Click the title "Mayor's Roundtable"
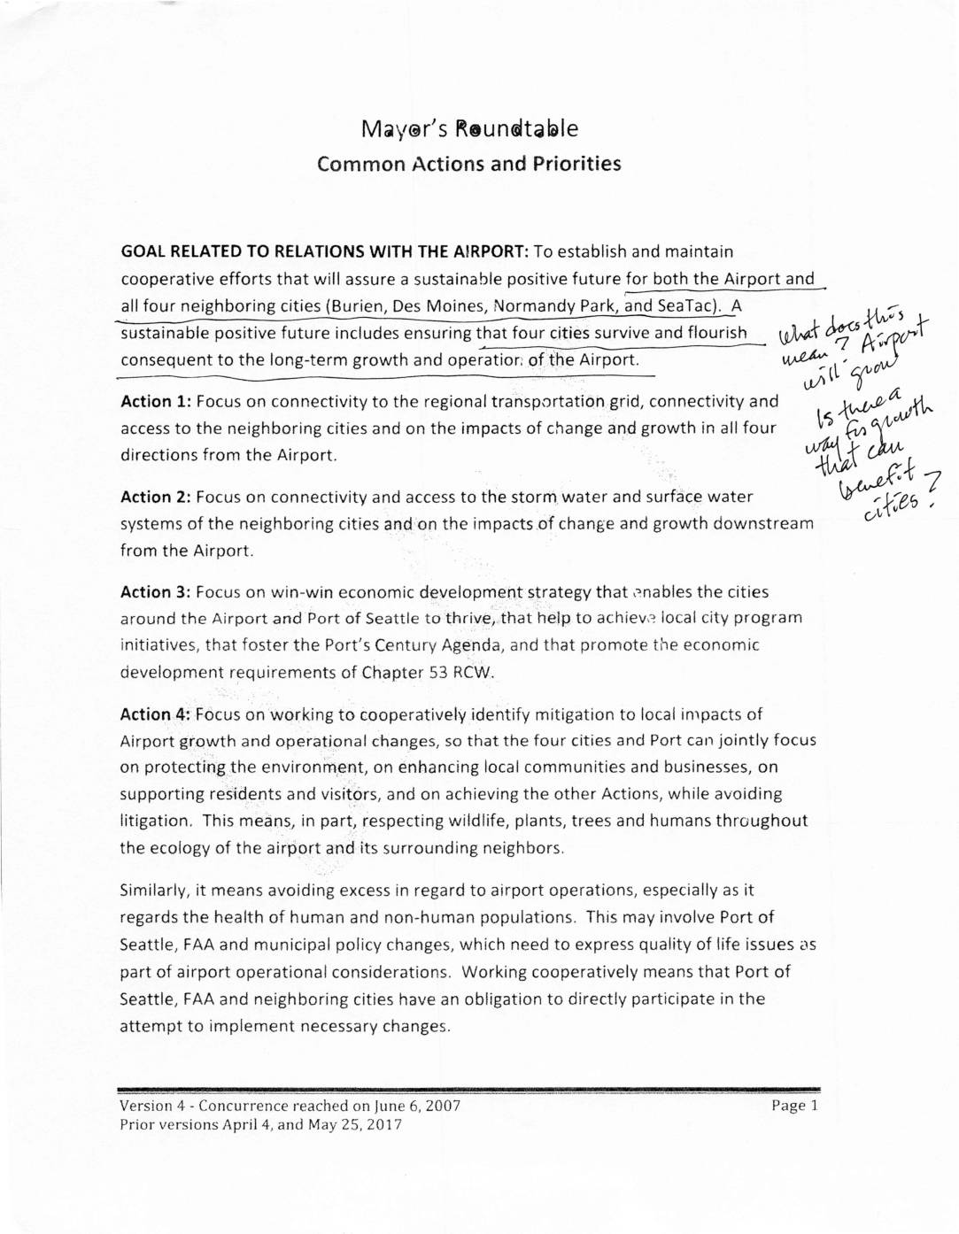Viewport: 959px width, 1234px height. click(469, 129)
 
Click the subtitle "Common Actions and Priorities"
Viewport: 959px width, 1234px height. click(469, 165)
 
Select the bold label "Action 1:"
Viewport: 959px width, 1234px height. click(156, 402)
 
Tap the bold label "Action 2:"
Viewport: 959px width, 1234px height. click(156, 497)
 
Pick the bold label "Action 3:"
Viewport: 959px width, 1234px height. click(156, 592)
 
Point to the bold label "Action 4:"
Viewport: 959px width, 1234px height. click(156, 714)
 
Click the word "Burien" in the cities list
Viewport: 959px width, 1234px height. click(359, 306)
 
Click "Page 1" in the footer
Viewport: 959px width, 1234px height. click(795, 1105)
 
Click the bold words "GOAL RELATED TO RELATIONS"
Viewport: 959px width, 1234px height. click(244, 252)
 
